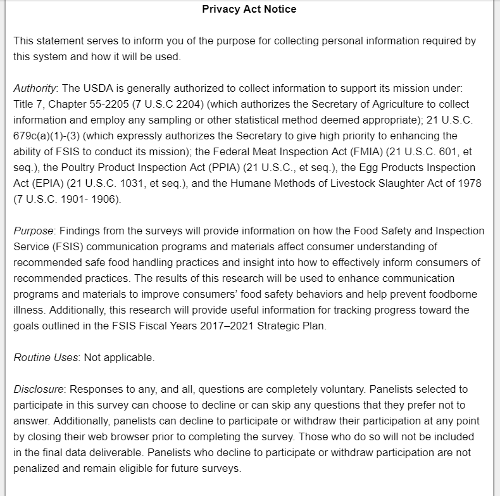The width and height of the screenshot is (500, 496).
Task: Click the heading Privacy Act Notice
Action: pos(249,9)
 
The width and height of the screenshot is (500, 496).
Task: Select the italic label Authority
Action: pos(35,88)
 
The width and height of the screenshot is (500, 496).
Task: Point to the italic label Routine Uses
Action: pos(46,357)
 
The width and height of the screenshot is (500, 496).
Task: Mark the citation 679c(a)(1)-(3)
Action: pos(47,136)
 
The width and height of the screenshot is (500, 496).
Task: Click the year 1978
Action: pos(469,183)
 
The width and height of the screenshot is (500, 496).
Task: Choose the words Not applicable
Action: pos(119,357)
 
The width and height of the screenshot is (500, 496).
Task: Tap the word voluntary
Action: pos(339,389)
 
